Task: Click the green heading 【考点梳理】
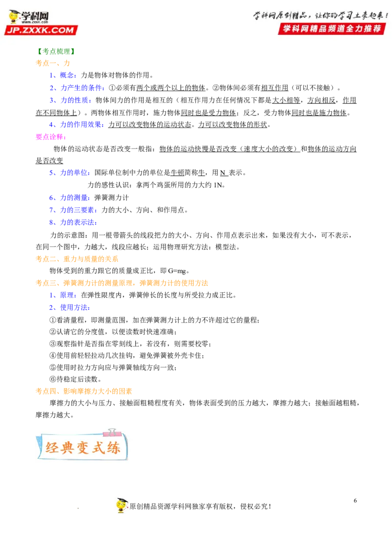(x=56, y=51)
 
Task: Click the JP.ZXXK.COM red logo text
(x=41, y=30)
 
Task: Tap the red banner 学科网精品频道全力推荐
(x=332, y=28)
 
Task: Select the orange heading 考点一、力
(x=53, y=63)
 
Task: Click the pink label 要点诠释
(x=51, y=137)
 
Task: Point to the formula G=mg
(x=177, y=271)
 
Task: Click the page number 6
(x=355, y=501)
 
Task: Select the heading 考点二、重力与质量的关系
(x=77, y=259)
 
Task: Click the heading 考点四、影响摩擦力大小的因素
(x=84, y=391)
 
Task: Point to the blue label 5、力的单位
(x=69, y=173)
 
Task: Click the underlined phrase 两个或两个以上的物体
(x=171, y=88)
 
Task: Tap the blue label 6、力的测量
(x=69, y=198)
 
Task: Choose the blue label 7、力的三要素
(x=73, y=210)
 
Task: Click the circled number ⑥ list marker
(x=53, y=379)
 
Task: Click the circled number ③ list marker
(x=53, y=344)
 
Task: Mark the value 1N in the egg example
(x=218, y=185)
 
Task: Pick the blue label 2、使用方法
(x=69, y=307)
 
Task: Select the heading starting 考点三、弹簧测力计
(x=122, y=283)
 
